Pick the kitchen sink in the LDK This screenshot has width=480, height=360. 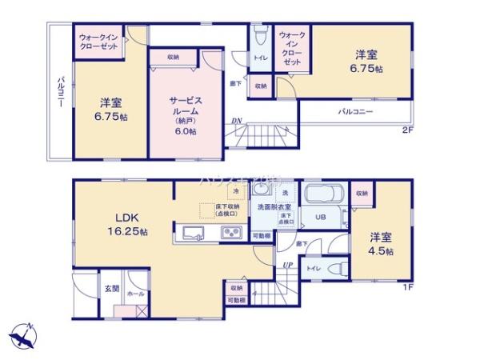(x=193, y=234)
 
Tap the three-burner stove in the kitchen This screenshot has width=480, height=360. (x=231, y=234)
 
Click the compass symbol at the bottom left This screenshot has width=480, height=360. (x=24, y=334)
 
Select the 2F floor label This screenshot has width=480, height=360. (x=407, y=130)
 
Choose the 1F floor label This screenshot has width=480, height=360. (x=407, y=288)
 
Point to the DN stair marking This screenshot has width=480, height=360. (x=237, y=122)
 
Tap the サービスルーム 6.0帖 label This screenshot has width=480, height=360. (x=185, y=111)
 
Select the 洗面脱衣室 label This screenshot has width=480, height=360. (x=275, y=206)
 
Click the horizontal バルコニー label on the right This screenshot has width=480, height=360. (x=355, y=112)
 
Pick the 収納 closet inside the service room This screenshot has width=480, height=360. (x=173, y=58)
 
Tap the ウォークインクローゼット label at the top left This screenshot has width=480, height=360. (x=100, y=42)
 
